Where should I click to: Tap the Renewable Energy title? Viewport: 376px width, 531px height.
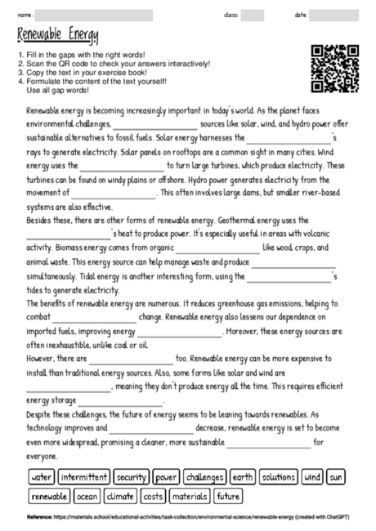click(57, 36)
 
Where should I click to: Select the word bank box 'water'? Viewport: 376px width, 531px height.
click(41, 476)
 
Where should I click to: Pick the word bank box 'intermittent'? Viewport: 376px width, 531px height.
click(84, 476)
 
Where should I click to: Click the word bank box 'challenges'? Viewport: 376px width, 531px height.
click(204, 476)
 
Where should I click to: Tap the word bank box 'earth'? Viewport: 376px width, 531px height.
click(243, 476)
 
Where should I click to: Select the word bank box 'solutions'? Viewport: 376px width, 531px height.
click(279, 476)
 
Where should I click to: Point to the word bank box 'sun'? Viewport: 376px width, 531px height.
click(336, 476)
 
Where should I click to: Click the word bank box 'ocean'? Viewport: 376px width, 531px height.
click(87, 496)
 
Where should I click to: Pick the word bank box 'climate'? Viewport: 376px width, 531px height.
click(120, 496)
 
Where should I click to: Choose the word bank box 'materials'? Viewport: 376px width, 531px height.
click(190, 496)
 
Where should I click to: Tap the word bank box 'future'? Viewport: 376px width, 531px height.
click(229, 496)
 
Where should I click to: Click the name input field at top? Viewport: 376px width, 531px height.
click(94, 15)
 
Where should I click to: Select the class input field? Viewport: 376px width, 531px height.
click(253, 15)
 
